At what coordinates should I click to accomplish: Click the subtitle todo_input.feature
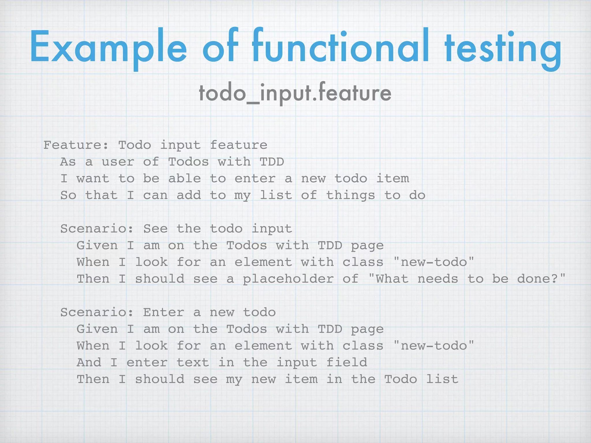[295, 93]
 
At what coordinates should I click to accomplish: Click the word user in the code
[118, 162]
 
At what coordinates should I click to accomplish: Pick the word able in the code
[184, 179]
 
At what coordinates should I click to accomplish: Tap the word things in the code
[351, 195]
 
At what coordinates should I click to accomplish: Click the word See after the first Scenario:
[155, 229]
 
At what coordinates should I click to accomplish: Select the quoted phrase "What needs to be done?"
[467, 279]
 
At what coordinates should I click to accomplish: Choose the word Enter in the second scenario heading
[164, 312]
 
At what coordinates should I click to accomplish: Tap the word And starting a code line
[89, 363]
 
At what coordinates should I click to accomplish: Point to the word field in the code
[347, 363]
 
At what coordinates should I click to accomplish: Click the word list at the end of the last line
[442, 379]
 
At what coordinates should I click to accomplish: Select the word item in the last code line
[301, 379]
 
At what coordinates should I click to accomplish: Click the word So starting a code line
[68, 195]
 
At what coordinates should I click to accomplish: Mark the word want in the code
[93, 179]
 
